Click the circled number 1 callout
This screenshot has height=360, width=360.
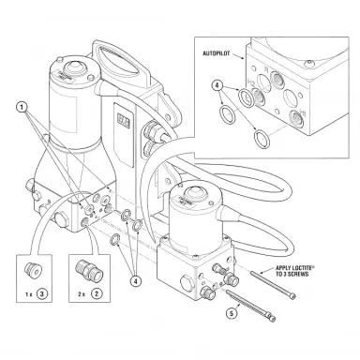[x=22, y=108]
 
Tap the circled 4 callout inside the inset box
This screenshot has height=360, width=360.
[x=217, y=84]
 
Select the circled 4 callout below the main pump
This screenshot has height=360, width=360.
[x=135, y=281]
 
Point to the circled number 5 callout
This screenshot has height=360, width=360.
[x=232, y=313]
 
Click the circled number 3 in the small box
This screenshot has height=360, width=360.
[x=42, y=294]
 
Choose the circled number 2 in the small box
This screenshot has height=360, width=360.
[x=97, y=293]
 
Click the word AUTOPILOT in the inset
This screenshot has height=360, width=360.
[x=217, y=53]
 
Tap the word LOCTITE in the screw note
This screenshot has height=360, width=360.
[x=301, y=268]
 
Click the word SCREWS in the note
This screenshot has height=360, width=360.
[x=298, y=274]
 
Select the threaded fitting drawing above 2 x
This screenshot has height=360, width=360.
[x=90, y=270]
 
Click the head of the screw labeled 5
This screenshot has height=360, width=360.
[x=273, y=318]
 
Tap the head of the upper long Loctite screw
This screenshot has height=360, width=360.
[x=292, y=296]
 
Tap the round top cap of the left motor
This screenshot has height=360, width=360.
[x=73, y=67]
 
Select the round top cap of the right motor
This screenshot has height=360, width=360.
[x=194, y=191]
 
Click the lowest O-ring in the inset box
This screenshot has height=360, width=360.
[x=262, y=139]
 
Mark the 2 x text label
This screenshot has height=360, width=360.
[x=82, y=294]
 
